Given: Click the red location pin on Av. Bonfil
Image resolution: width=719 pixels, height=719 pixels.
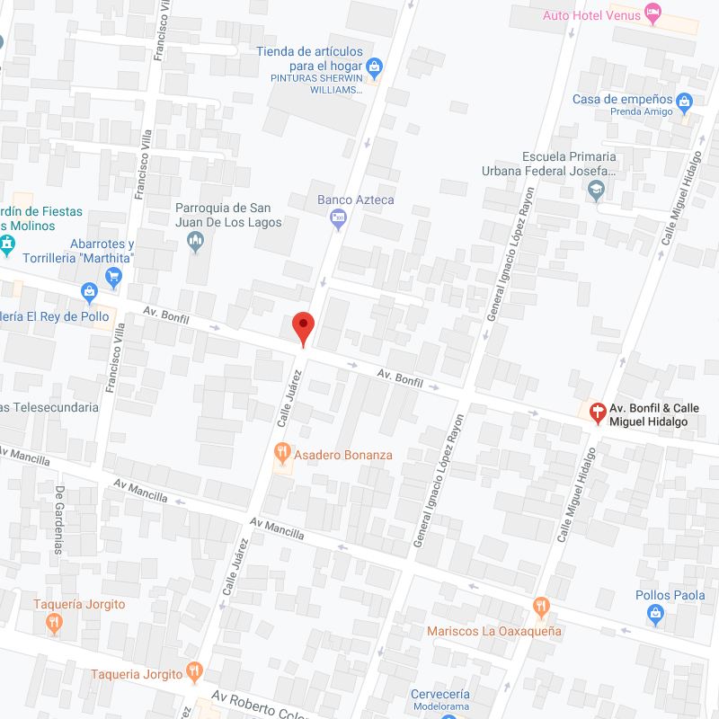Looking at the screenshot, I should [304, 328].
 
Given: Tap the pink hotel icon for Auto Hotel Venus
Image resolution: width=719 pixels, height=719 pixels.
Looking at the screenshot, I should [653, 13].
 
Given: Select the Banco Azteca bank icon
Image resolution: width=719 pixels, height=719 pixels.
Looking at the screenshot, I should [338, 217].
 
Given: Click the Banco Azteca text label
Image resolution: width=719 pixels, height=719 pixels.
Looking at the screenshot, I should [356, 200].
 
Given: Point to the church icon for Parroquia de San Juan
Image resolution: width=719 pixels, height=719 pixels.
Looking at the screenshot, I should [196, 240].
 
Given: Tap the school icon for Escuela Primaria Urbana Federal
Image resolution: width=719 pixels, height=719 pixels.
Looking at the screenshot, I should [595, 190].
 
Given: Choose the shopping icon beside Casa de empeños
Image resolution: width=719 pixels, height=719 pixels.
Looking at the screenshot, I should [685, 102].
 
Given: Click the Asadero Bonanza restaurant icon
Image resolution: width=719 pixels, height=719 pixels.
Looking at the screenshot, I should [282, 451].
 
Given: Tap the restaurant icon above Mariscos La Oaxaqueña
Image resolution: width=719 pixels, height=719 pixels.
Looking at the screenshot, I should [540, 607].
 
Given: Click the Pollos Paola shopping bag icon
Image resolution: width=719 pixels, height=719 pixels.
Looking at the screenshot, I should [655, 615].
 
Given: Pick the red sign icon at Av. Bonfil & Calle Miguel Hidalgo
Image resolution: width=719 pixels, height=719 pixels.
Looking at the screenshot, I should [596, 413].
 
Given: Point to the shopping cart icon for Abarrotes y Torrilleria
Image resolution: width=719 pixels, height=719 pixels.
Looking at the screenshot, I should [113, 276].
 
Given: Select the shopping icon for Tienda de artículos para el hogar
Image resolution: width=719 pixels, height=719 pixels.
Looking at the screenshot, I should [375, 65].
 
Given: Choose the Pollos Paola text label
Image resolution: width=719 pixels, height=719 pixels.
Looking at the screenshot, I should [670, 595].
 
